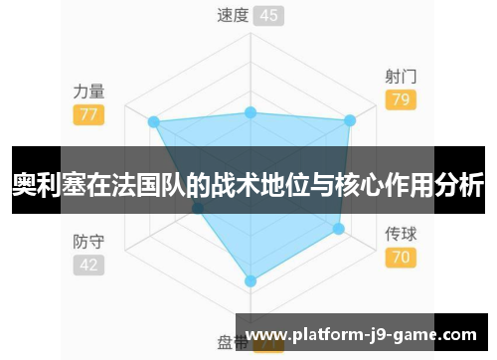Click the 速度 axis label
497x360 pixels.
coord(232,15)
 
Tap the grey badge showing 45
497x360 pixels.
coord(267,15)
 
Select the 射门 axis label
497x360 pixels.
coord(401,76)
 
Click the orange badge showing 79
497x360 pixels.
coord(401,99)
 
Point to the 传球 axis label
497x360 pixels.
coord(401,236)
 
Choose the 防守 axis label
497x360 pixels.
coord(88,241)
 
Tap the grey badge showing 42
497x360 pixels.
coord(88,265)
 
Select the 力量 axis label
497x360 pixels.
coord(88,90)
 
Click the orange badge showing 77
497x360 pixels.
coord(88,114)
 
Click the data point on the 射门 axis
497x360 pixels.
coord(349,121)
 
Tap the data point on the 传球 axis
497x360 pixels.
coord(338,229)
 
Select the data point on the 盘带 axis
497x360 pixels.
coord(250,281)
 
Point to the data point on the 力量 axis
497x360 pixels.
coord(153,122)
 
